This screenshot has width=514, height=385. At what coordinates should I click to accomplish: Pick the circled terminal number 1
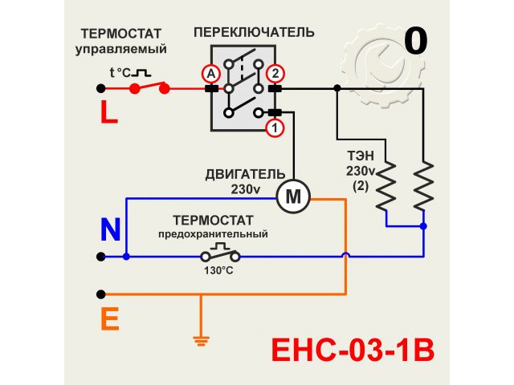click(x=275, y=127)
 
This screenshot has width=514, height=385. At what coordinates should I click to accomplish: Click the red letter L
click(x=108, y=111)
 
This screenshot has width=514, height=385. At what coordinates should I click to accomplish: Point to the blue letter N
click(x=110, y=230)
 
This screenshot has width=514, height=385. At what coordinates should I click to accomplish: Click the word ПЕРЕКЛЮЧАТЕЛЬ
click(x=255, y=33)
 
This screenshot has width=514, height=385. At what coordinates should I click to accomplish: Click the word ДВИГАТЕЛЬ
click(x=245, y=174)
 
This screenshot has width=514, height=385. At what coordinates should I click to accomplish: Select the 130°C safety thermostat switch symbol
click(x=220, y=255)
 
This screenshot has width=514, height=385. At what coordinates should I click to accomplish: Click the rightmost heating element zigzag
click(x=423, y=187)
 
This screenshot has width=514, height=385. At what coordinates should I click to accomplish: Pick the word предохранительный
click(x=212, y=234)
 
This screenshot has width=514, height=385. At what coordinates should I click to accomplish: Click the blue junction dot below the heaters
click(x=423, y=227)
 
